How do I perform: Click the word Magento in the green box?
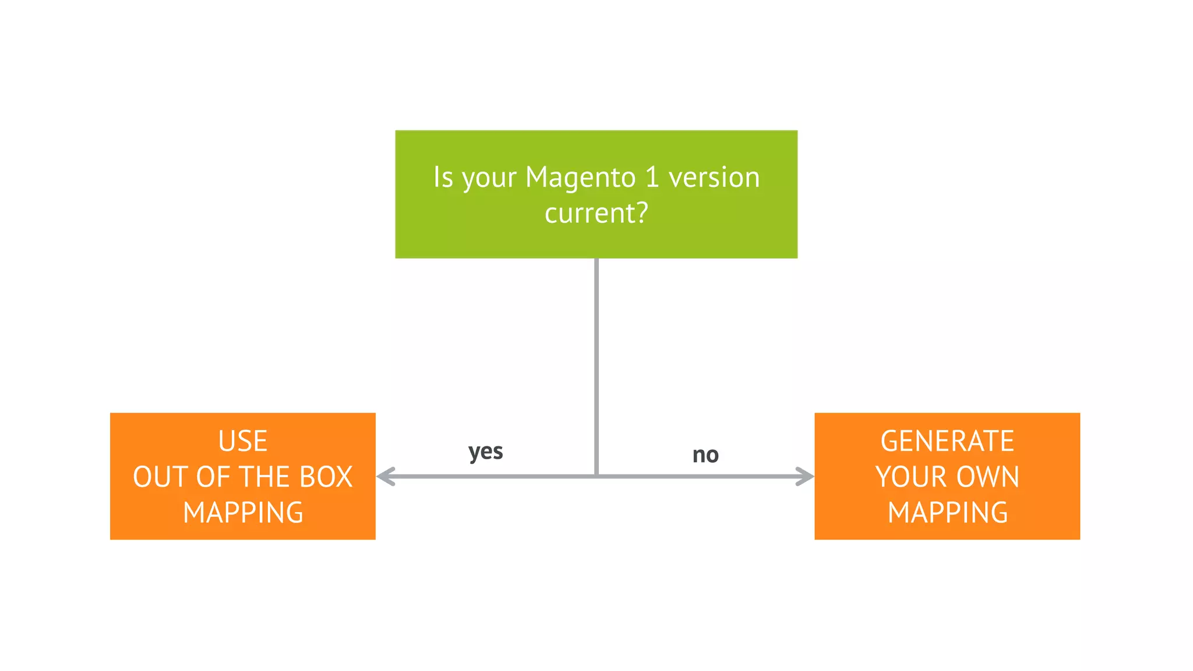pyautogui.click(x=580, y=177)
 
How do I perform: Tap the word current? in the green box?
pyautogui.click(x=596, y=213)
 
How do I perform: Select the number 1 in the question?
pyautogui.click(x=652, y=177)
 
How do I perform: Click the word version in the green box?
pyautogui.click(x=714, y=177)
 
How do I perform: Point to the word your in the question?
pyautogui.click(x=489, y=178)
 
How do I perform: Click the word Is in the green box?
pyautogui.click(x=443, y=177)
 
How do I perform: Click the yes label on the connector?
pyautogui.click(x=485, y=452)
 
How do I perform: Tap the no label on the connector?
pyautogui.click(x=705, y=455)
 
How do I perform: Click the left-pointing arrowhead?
pyautogui.click(x=385, y=476)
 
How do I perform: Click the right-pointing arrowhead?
pyautogui.click(x=806, y=476)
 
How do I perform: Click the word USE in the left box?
pyautogui.click(x=242, y=441)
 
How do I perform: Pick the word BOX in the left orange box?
pyautogui.click(x=326, y=477)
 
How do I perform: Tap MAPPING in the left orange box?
pyautogui.click(x=243, y=513)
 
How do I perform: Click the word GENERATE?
pyautogui.click(x=947, y=441)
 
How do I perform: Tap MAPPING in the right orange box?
pyautogui.click(x=947, y=513)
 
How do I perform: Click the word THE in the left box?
pyautogui.click(x=261, y=477)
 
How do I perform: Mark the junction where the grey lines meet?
pyautogui.click(x=596, y=476)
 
